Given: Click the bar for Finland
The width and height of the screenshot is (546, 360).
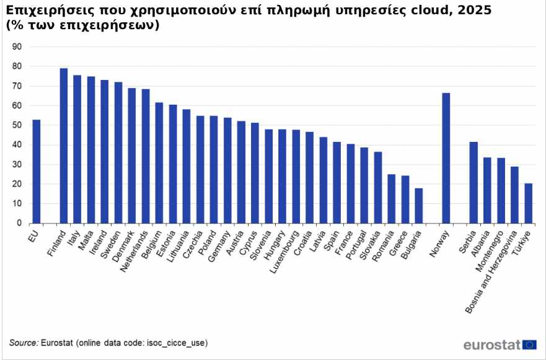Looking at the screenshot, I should pos(63,146).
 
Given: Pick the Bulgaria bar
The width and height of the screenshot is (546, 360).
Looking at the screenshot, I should pos(418,205).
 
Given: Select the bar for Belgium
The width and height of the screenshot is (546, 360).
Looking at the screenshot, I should pos(159,162).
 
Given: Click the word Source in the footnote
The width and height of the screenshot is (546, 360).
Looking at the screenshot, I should pos(23,343).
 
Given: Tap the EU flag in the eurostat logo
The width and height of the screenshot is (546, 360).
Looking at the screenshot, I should pos(529,345).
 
